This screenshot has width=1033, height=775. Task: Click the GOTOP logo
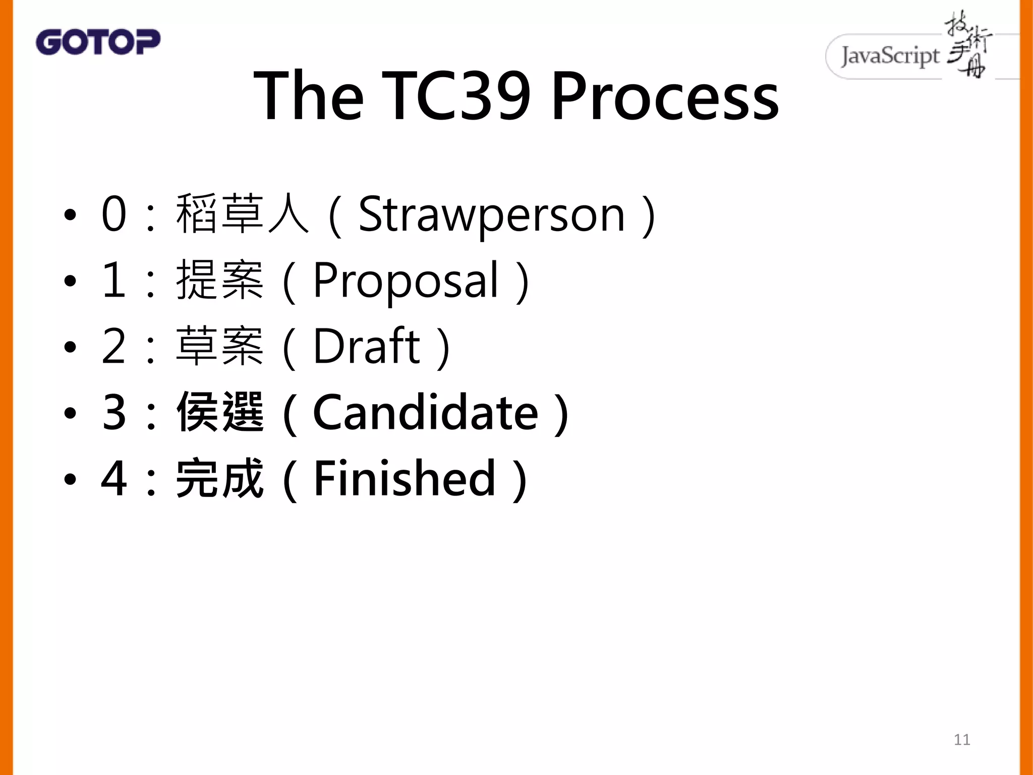(x=98, y=42)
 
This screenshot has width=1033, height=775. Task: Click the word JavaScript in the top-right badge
(x=890, y=56)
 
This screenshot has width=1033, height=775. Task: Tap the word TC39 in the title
(x=456, y=96)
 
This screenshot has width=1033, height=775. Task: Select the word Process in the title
(x=665, y=96)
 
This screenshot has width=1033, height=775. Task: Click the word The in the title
(x=308, y=96)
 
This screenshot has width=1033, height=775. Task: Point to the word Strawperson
(x=492, y=215)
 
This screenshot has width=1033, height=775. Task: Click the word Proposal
(x=406, y=281)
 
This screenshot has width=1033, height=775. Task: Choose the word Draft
(x=366, y=346)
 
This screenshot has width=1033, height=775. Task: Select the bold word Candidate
(x=426, y=413)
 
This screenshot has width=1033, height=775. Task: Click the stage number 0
(x=113, y=214)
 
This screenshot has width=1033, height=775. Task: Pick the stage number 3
(x=113, y=413)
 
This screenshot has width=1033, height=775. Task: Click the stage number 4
(x=113, y=478)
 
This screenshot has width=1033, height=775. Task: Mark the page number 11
(x=961, y=740)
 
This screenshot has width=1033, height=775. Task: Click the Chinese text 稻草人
(x=242, y=214)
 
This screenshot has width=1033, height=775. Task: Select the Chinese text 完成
(x=219, y=478)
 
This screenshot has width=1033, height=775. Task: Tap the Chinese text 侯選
(x=219, y=413)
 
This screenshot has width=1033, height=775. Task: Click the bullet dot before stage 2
(x=70, y=347)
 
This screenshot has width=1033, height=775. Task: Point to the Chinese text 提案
(x=219, y=281)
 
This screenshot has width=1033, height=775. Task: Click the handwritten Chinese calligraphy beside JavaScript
(x=967, y=45)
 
